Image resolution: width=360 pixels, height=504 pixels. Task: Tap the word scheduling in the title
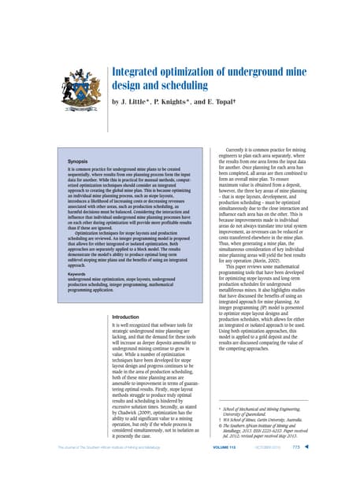coord(173,87)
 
